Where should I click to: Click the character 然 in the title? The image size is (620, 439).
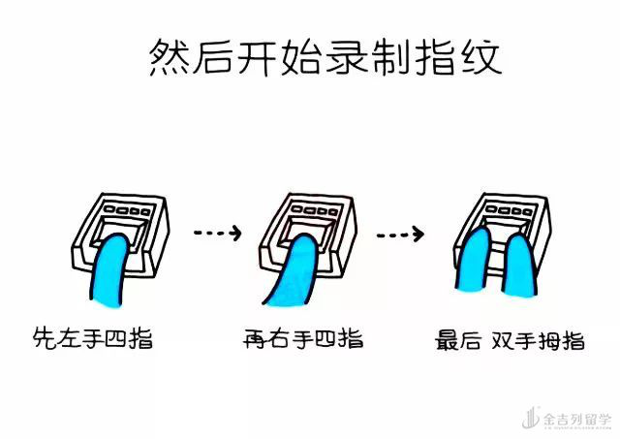pyautogui.click(x=169, y=58)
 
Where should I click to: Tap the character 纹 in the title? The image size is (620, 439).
pyautogui.click(x=481, y=58)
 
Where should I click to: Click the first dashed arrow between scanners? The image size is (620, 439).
pyautogui.click(x=217, y=233)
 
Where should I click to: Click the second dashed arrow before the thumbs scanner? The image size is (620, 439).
pyautogui.click(x=400, y=235)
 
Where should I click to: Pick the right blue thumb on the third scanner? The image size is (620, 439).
pyautogui.click(x=519, y=265)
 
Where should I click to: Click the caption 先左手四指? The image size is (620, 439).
pyautogui.click(x=93, y=338)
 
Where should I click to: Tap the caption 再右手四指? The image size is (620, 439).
pyautogui.click(x=303, y=339)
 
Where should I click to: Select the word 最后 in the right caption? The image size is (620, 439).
pyautogui.click(x=458, y=340)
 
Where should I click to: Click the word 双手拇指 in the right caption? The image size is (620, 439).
pyautogui.click(x=538, y=340)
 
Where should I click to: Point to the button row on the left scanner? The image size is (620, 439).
pyautogui.click(x=127, y=209)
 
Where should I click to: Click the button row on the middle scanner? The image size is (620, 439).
pyautogui.click(x=315, y=209)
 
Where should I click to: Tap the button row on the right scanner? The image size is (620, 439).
pyautogui.click(x=510, y=209)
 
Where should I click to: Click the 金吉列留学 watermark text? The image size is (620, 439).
pyautogui.click(x=577, y=420)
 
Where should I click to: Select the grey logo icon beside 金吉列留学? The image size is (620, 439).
pyautogui.click(x=531, y=418)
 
